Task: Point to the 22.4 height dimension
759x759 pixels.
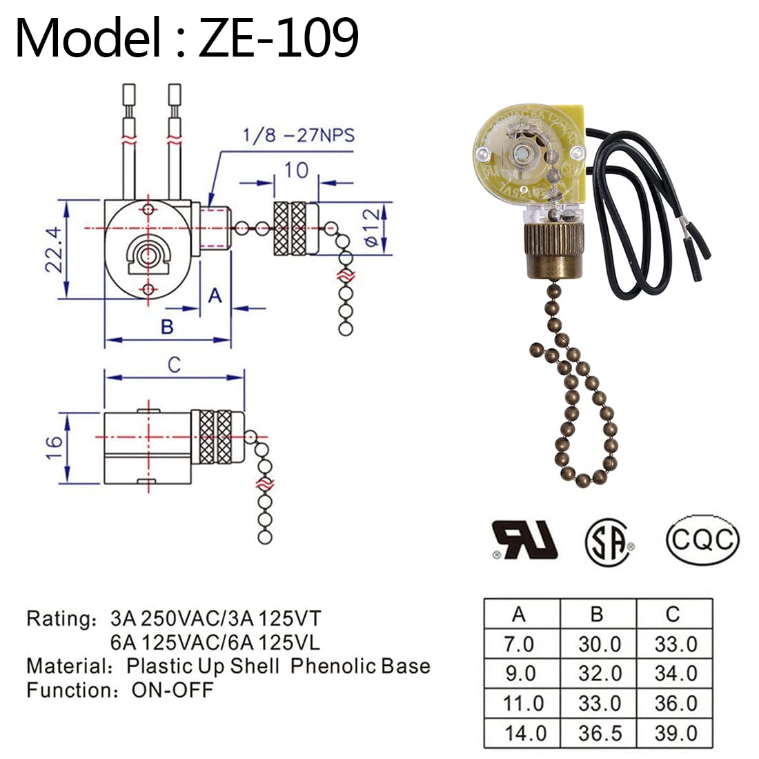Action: pyautogui.click(x=55, y=249)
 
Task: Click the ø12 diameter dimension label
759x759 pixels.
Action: pyautogui.click(x=371, y=227)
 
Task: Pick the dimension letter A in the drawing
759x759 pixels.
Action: pyautogui.click(x=215, y=295)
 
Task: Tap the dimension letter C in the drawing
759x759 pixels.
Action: pyautogui.click(x=174, y=364)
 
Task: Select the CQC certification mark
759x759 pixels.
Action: pyautogui.click(x=702, y=538)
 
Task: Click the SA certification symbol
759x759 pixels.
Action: pyautogui.click(x=610, y=540)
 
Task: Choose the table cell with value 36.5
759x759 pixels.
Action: pyautogui.click(x=598, y=733)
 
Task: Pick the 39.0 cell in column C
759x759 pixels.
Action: pyautogui.click(x=674, y=733)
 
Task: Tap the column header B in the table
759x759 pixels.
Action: pyautogui.click(x=598, y=613)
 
